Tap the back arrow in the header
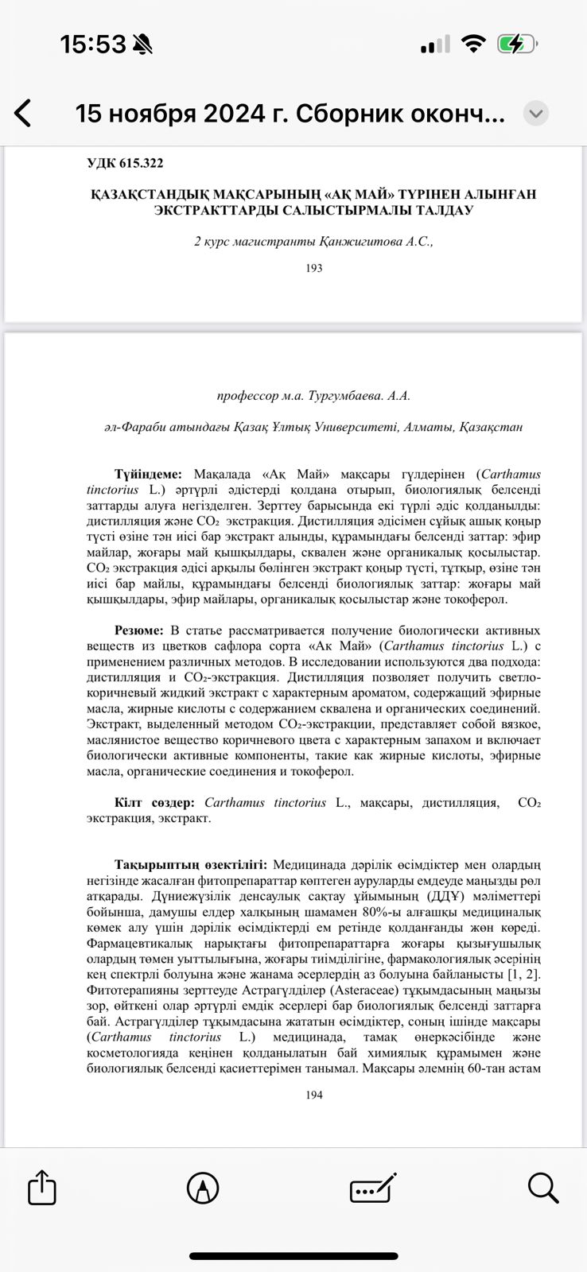pyautogui.click(x=23, y=114)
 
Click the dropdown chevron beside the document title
pyautogui.click(x=536, y=114)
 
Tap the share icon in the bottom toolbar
pyautogui.click(x=42, y=1189)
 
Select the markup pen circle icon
pyautogui.click(x=203, y=1189)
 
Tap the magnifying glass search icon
pyautogui.click(x=542, y=1188)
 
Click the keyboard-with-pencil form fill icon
pyautogui.click(x=373, y=1189)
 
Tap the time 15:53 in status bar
pyautogui.click(x=93, y=45)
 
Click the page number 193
pyautogui.click(x=314, y=269)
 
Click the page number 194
pyautogui.click(x=314, y=1096)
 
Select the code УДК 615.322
pyautogui.click(x=125, y=163)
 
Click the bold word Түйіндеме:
pyautogui.click(x=148, y=475)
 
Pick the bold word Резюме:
pyautogui.click(x=139, y=630)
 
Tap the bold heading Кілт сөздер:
pyautogui.click(x=154, y=803)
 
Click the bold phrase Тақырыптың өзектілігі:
pyautogui.click(x=190, y=865)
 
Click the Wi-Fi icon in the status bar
pyautogui.click(x=474, y=45)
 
